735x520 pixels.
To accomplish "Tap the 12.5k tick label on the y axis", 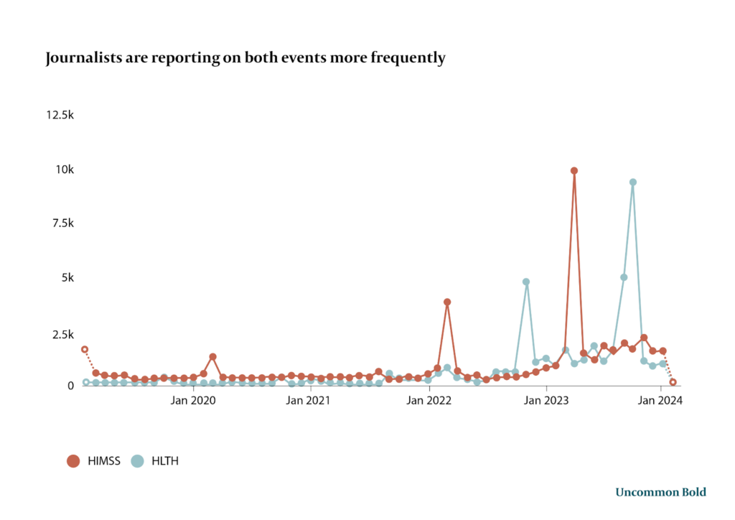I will pos(60,115).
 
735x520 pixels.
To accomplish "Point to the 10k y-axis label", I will pos(65,170).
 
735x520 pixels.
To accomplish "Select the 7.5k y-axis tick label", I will pos(62,223).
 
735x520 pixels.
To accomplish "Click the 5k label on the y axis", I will pos(67,277).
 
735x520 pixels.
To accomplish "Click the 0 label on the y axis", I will pos(70,386).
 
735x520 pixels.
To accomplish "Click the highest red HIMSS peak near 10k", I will pos(574,171).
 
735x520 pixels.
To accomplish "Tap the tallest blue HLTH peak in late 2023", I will pos(633,182).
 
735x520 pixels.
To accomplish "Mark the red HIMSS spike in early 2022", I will pos(447,302).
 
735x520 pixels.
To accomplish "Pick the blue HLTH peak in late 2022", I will pos(526,282).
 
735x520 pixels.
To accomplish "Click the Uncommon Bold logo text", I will pos(660,492).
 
